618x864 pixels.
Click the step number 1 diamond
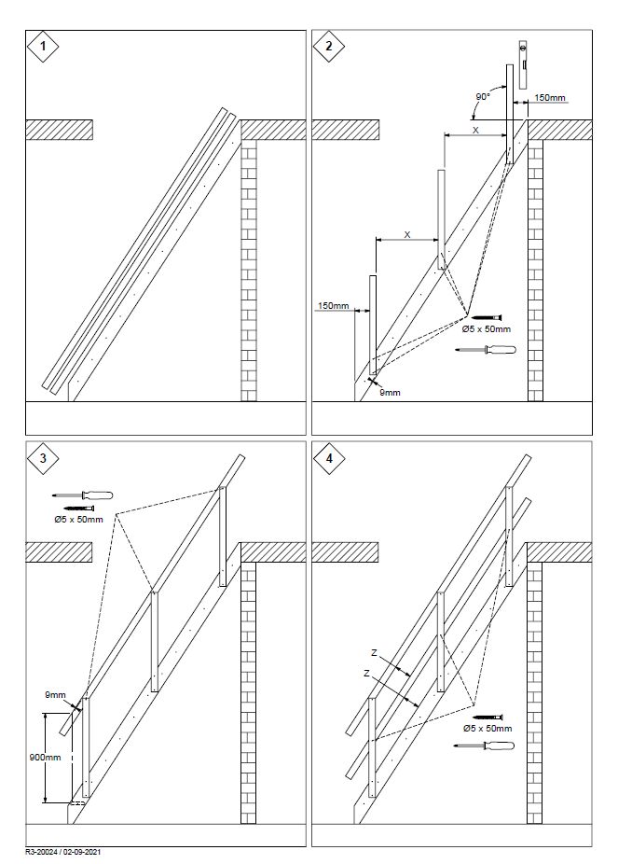(x=42, y=47)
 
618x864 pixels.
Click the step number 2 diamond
(x=328, y=47)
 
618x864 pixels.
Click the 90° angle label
(x=484, y=97)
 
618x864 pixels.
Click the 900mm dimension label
(x=34, y=757)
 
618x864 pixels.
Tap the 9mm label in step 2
(x=391, y=393)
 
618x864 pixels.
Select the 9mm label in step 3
(x=53, y=694)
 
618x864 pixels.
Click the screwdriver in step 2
(x=486, y=350)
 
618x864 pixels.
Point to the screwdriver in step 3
(x=84, y=495)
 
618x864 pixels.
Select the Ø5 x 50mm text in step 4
(x=488, y=728)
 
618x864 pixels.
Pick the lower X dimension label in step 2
(x=407, y=235)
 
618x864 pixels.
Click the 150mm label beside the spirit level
(x=550, y=97)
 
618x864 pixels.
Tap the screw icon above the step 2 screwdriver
(x=486, y=316)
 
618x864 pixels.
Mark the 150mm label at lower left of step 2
(x=333, y=306)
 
